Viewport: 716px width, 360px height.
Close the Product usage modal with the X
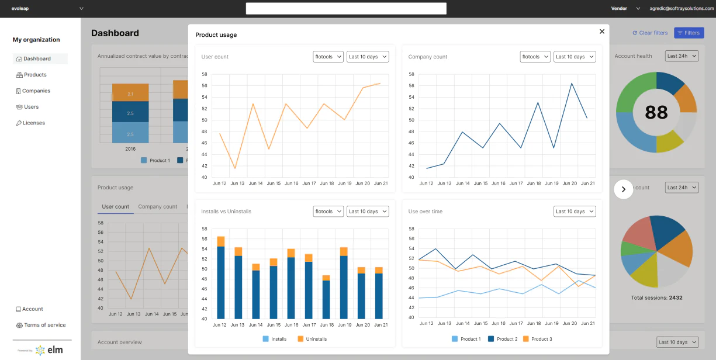pyautogui.click(x=602, y=32)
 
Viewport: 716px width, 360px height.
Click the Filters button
pyautogui.click(x=689, y=33)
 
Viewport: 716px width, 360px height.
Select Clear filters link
pyautogui.click(x=650, y=33)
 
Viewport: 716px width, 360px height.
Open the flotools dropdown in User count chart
pyautogui.click(x=328, y=57)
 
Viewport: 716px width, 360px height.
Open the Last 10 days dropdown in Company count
pyautogui.click(x=575, y=57)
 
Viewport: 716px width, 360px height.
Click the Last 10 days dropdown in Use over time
pyautogui.click(x=575, y=212)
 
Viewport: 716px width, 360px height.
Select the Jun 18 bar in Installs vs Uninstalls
pyautogui.click(x=326, y=298)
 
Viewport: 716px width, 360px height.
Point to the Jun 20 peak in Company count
pyautogui.click(x=572, y=83)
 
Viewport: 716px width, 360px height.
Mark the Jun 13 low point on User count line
pyautogui.click(x=235, y=168)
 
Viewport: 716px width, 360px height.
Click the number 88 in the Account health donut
pyautogui.click(x=656, y=112)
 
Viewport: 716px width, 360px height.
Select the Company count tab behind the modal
pyautogui.click(x=157, y=207)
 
